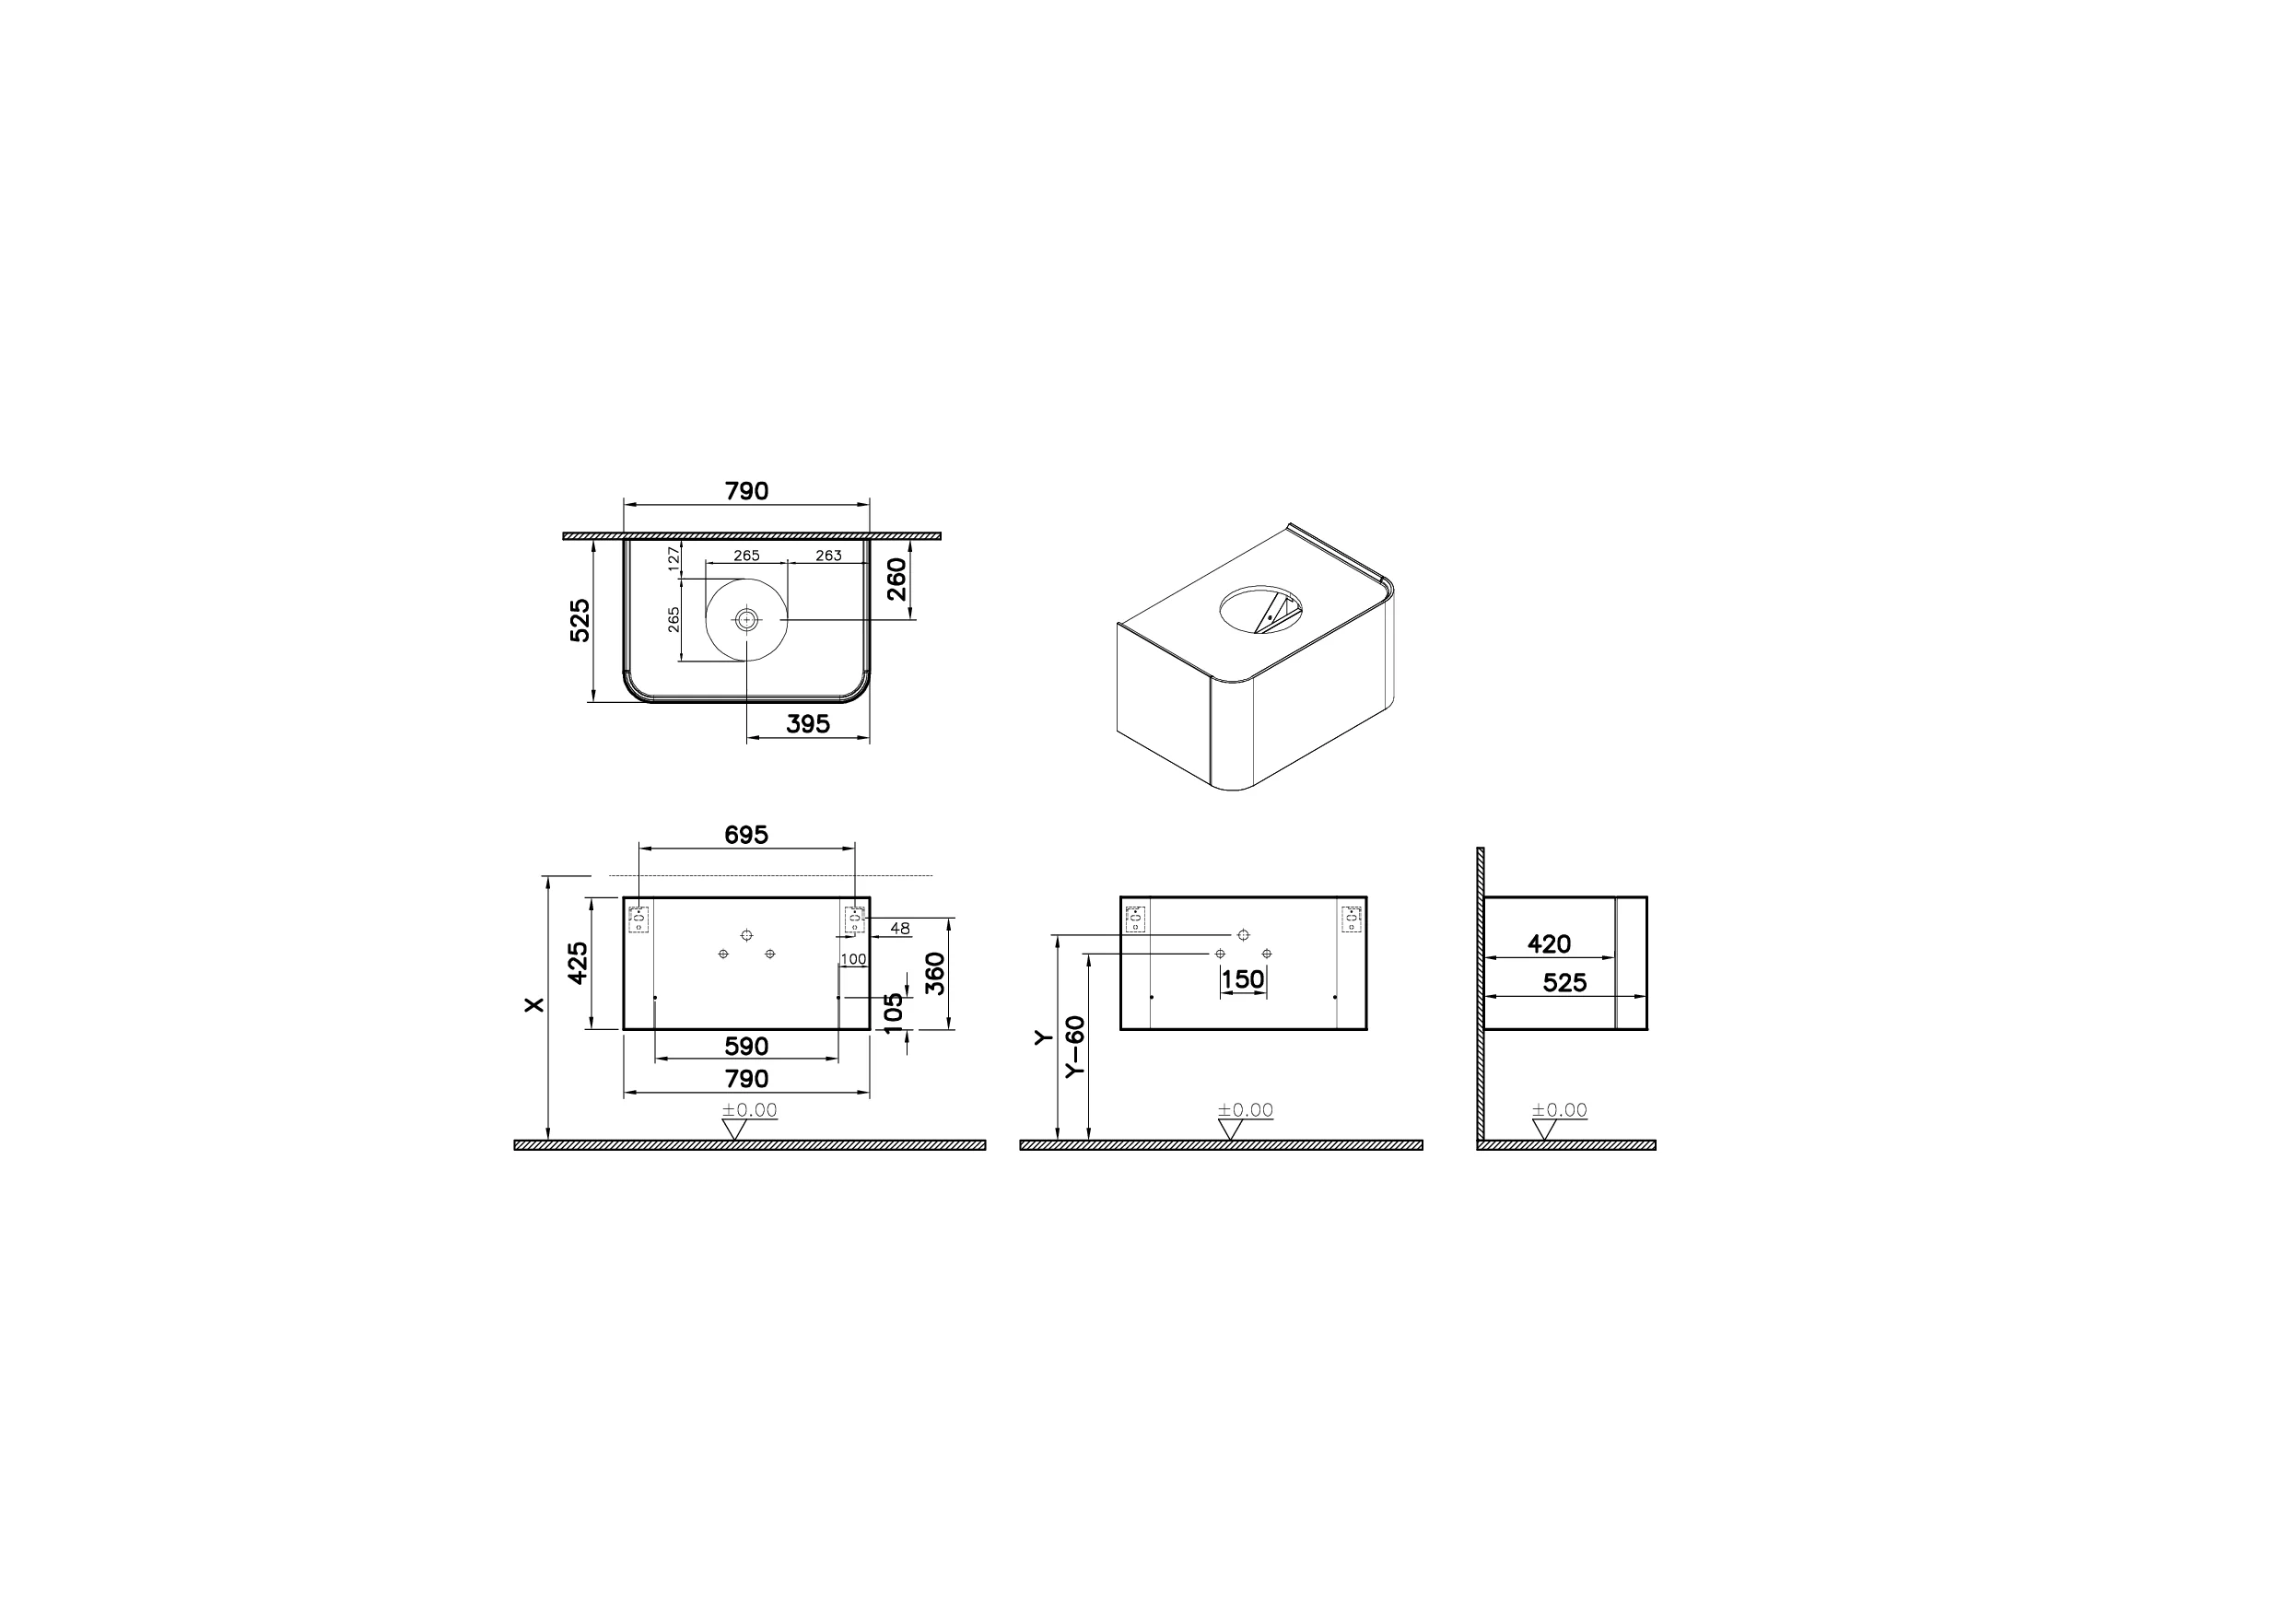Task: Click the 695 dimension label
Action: tap(745, 835)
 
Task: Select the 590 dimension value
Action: tap(745, 1046)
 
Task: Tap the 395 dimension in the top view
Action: tap(807, 724)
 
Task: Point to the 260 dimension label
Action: tap(896, 580)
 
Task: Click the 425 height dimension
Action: tap(578, 962)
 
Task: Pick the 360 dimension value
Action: tap(934, 973)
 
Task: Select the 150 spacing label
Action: tap(1242, 979)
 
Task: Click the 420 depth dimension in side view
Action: tap(1549, 943)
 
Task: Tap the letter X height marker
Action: tap(535, 1005)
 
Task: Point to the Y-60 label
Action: tap(1074, 1046)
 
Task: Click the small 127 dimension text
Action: tap(673, 557)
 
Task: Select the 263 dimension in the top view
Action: tap(828, 556)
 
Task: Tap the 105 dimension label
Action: tap(895, 1013)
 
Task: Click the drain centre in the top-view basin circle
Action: tap(746, 619)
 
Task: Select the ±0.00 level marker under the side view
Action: tap(1559, 1109)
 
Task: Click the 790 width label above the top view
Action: tap(745, 490)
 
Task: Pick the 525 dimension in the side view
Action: tap(1564, 983)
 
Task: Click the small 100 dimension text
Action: tap(853, 959)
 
